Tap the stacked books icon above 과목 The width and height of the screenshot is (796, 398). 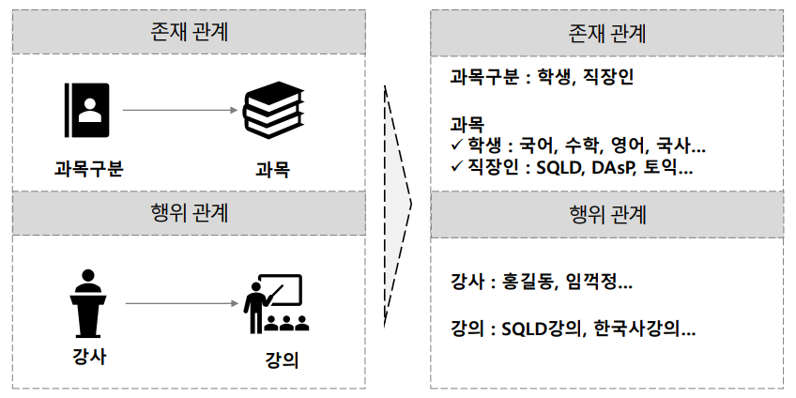pos(274,110)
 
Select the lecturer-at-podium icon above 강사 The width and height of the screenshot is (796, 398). pos(88,303)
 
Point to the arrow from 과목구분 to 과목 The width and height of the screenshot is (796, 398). pos(178,111)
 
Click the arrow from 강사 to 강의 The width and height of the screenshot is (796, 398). pos(178,303)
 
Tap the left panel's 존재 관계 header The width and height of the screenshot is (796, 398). pos(189,33)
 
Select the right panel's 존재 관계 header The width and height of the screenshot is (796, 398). pos(607,33)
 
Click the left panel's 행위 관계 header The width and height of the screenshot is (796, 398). pos(189,211)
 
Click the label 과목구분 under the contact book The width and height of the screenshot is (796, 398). pos(88,170)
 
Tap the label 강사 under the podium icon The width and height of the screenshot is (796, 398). pos(88,357)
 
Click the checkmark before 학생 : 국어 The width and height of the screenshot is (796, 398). pos(456,146)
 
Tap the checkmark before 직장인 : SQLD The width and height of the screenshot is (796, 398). pos(456,168)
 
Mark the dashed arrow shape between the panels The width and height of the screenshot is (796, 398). pos(400,199)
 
